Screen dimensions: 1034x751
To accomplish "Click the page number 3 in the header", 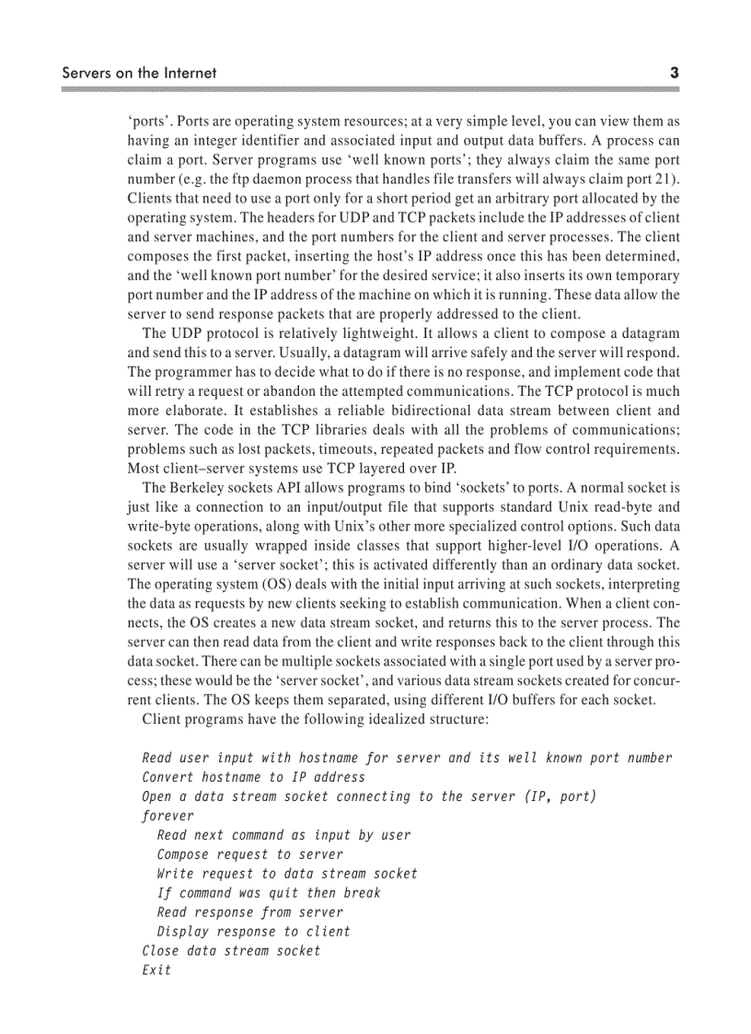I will coord(675,72).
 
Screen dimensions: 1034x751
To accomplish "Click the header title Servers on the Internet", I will coord(139,72).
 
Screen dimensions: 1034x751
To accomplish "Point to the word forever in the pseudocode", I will coord(168,816).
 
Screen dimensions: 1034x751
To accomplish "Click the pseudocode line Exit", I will coord(156,970).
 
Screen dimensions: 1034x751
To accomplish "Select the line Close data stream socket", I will coord(232,951).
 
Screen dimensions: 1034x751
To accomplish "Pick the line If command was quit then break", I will coord(269,893).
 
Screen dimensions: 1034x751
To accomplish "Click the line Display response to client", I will coord(254,932).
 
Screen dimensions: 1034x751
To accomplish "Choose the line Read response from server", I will coord(250,912).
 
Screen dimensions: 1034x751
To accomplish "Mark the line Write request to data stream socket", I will coord(287,874).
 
